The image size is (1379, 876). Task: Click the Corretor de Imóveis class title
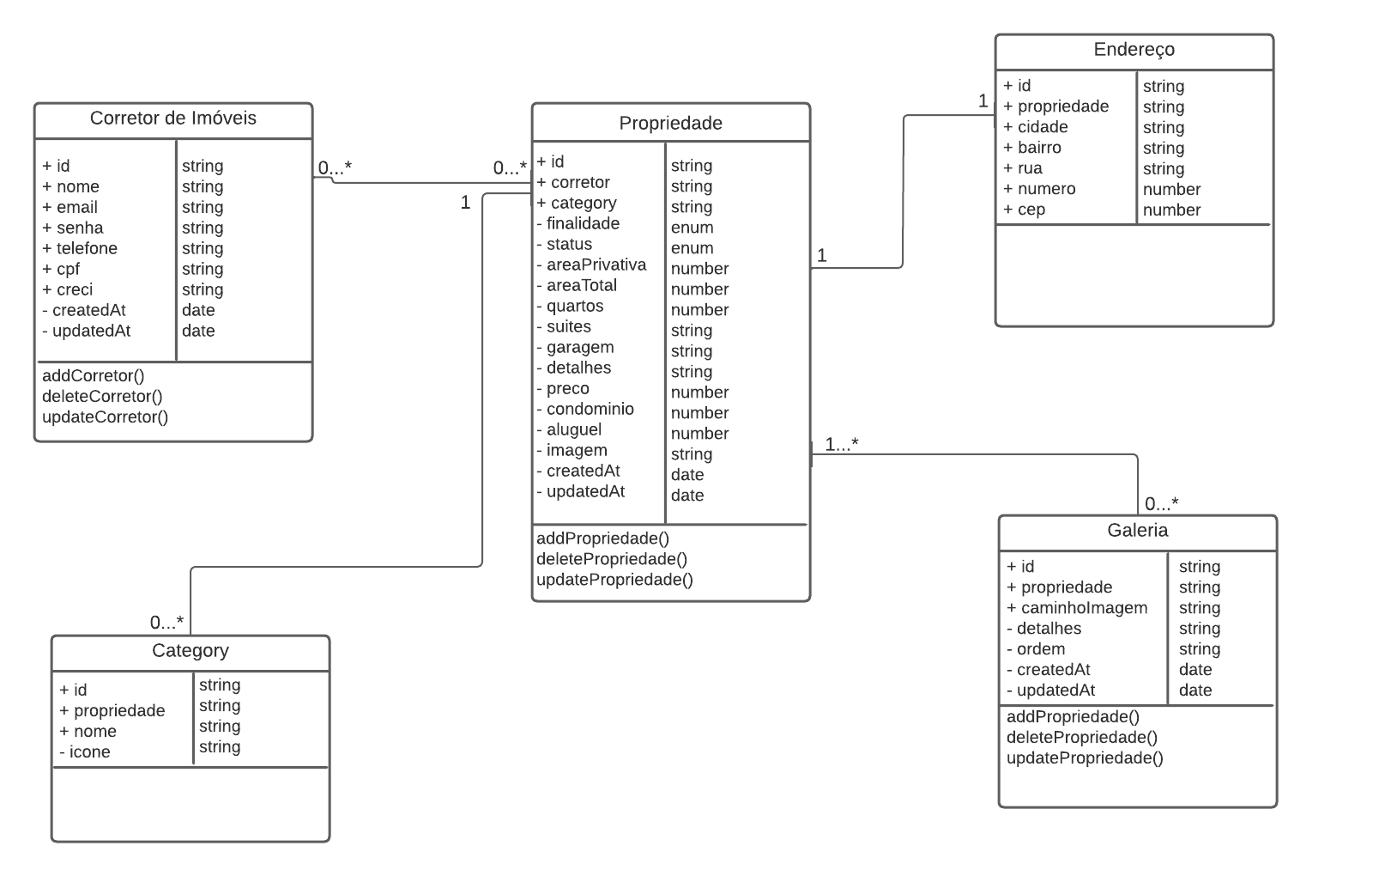(x=172, y=119)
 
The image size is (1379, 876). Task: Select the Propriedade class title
(x=670, y=124)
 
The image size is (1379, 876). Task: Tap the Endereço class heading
(x=1134, y=50)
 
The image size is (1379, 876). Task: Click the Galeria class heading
(x=1137, y=531)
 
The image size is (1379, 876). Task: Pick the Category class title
(x=190, y=651)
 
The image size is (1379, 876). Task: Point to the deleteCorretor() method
(x=101, y=397)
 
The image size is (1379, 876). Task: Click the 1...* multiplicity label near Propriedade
(x=841, y=445)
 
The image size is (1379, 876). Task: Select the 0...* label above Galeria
(x=1161, y=504)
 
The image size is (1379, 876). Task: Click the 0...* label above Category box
(x=166, y=623)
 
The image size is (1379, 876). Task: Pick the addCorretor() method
(x=93, y=376)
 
